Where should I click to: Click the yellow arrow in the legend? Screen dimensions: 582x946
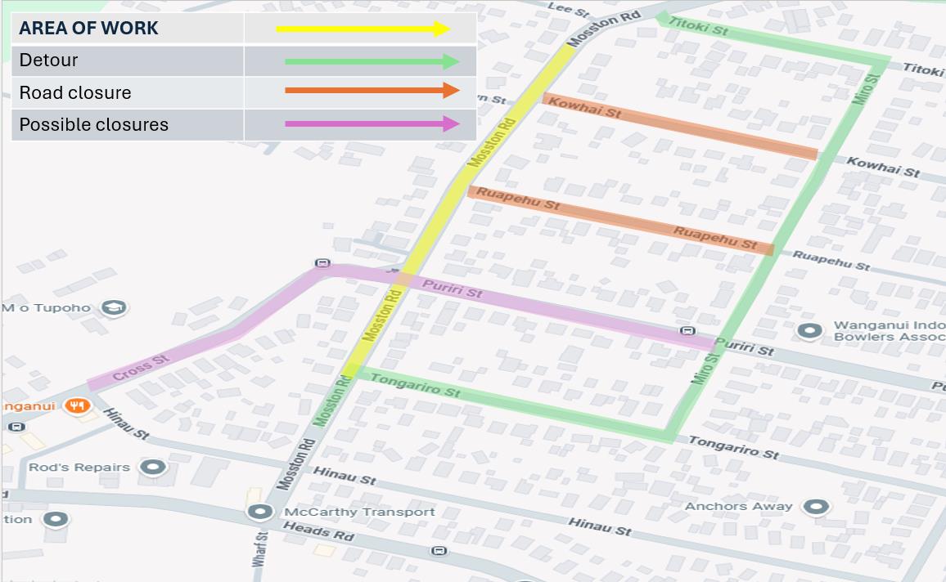click(363, 29)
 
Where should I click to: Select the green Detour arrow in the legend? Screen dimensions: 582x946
click(372, 61)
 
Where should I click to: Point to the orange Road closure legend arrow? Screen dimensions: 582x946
click(372, 91)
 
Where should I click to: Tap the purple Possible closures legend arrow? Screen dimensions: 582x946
click(372, 124)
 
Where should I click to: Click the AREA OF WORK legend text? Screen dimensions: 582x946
click(88, 29)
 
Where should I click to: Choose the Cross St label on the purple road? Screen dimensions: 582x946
click(141, 367)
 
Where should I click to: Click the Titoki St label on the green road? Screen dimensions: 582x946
click(698, 25)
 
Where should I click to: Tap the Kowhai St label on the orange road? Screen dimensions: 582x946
click(584, 107)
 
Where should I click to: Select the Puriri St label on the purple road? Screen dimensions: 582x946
click(453, 288)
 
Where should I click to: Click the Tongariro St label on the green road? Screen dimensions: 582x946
click(415, 385)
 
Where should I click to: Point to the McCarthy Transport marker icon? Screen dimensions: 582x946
click(260, 513)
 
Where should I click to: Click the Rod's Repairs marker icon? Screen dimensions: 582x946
click(153, 468)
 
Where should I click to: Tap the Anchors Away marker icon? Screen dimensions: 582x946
click(816, 507)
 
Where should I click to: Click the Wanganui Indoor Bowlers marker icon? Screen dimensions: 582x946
click(810, 331)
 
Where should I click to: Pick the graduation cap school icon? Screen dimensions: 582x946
click(113, 308)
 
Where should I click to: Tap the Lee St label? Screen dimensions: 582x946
click(570, 11)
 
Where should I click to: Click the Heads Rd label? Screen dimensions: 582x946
click(318, 531)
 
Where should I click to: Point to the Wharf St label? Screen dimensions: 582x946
click(260, 549)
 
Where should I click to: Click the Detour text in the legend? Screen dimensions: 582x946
click(48, 60)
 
